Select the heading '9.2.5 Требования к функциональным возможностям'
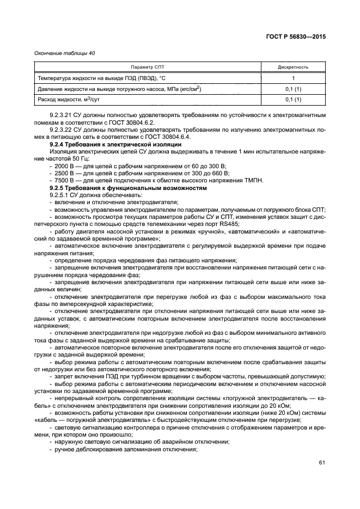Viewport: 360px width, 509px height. (129, 187)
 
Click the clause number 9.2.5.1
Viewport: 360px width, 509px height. (59, 194)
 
